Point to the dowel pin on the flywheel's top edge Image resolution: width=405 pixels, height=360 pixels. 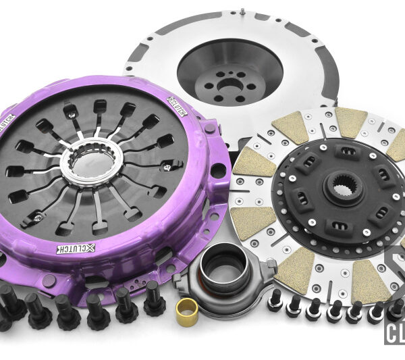(x=242, y=11)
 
